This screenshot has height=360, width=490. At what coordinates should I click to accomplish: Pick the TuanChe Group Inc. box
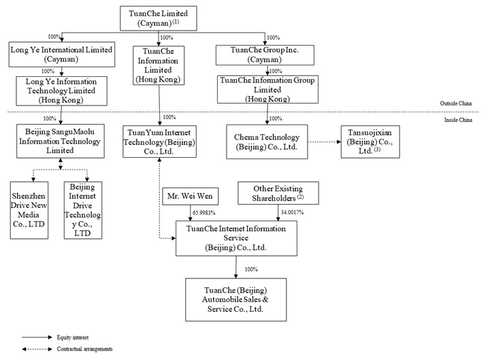265,54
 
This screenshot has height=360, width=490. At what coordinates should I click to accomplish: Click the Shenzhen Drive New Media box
30,210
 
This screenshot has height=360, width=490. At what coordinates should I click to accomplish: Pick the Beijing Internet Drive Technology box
82,210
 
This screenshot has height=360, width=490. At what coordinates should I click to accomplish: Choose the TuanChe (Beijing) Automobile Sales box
235,299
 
